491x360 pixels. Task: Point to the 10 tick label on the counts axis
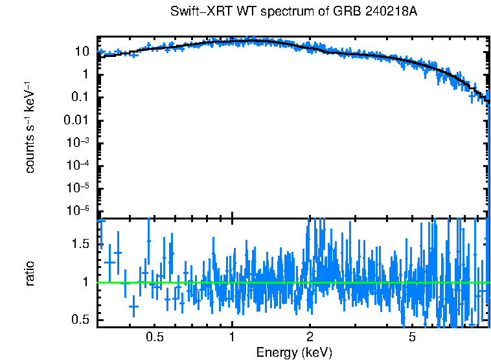click(x=82, y=51)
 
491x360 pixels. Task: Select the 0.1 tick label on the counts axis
click(x=80, y=97)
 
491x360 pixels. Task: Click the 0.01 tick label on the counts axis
click(x=77, y=120)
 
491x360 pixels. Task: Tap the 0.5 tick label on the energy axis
click(x=154, y=337)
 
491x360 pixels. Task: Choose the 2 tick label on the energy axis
click(x=310, y=337)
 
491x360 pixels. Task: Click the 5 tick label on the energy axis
click(x=412, y=337)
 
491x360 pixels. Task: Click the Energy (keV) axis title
click(x=293, y=352)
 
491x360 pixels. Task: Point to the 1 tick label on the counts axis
click(x=86, y=74)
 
